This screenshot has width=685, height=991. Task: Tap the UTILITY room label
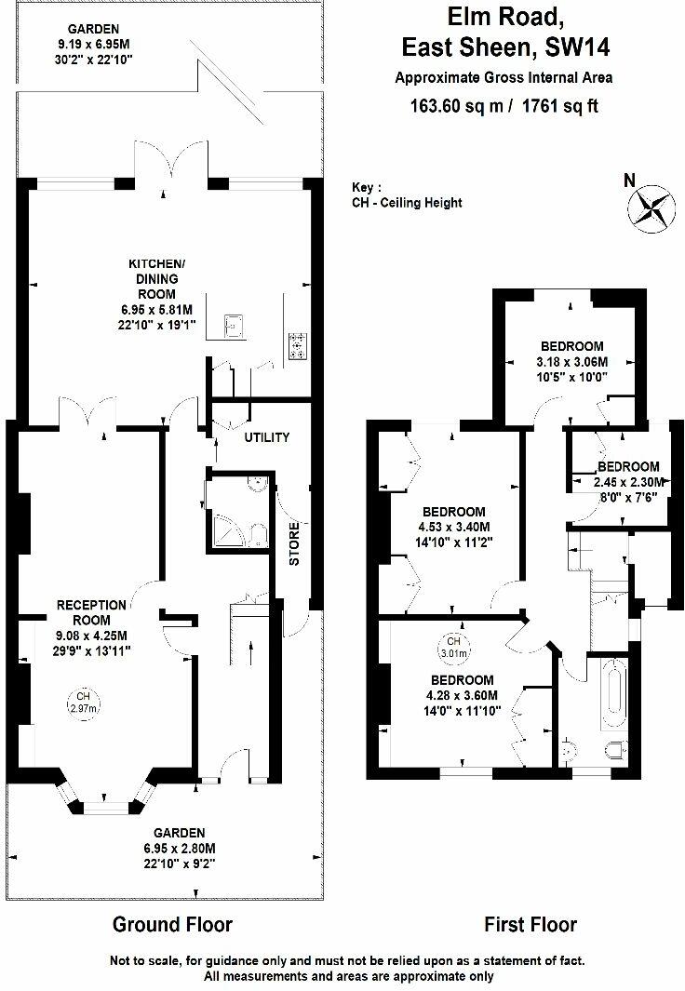click(x=267, y=437)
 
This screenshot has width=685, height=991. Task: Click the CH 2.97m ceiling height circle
click(x=83, y=702)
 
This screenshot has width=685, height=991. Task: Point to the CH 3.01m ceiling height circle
click(x=453, y=645)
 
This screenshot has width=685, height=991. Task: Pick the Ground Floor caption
click(x=172, y=925)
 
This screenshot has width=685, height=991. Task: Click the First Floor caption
click(x=531, y=925)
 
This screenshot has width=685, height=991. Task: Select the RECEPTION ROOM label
click(x=84, y=612)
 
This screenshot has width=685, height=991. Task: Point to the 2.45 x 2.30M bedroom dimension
click(x=629, y=482)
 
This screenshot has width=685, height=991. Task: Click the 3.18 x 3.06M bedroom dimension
click(x=571, y=362)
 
